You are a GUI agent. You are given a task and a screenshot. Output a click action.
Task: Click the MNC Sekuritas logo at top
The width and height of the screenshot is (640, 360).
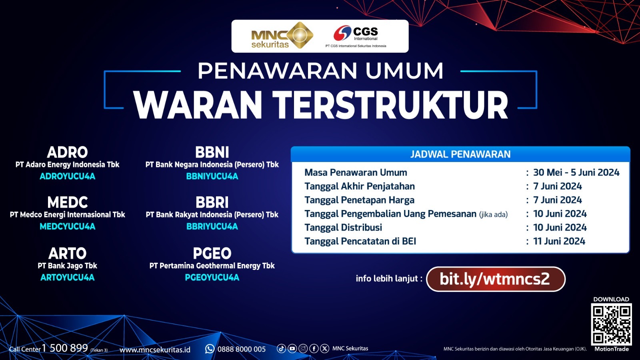click(x=282, y=36)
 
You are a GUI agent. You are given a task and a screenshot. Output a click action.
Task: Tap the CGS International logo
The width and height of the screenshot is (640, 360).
click(x=356, y=36)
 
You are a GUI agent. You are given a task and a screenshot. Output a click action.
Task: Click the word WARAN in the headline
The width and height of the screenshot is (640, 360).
click(x=198, y=105)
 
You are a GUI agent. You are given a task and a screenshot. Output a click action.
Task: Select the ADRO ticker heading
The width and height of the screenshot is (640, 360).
click(x=68, y=152)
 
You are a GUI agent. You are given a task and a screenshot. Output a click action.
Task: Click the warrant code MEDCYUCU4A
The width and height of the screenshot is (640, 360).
click(x=68, y=226)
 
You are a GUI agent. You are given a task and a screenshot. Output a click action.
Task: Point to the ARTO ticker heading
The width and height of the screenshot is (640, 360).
click(x=68, y=254)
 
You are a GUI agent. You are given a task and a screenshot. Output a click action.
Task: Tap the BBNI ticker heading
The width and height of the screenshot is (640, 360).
click(x=212, y=152)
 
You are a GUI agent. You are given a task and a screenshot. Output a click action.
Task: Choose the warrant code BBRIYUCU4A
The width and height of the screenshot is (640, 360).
click(x=212, y=226)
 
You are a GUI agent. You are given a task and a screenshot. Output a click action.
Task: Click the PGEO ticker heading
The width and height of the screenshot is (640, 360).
click(x=212, y=254)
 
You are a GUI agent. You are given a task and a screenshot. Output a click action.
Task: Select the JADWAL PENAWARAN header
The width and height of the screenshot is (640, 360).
click(x=460, y=154)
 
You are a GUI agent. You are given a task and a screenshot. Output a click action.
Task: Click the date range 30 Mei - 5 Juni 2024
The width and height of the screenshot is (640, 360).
click(x=576, y=172)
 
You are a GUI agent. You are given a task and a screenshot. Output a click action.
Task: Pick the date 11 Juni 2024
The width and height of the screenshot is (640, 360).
click(x=559, y=242)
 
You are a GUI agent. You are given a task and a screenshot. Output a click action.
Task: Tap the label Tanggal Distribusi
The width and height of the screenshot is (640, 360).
click(x=343, y=228)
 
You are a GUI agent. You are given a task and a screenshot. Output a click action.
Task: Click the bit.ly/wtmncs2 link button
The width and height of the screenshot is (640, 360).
click(x=496, y=279)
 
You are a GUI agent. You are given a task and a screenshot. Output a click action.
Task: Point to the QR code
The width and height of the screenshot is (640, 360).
click(x=611, y=324)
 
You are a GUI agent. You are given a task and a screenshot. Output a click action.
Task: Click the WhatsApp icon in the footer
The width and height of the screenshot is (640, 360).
click(x=210, y=349)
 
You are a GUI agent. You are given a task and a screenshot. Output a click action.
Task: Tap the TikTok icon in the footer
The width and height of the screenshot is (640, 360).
click(x=282, y=348)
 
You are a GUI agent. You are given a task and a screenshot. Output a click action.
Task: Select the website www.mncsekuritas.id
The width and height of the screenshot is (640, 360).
click(x=155, y=350)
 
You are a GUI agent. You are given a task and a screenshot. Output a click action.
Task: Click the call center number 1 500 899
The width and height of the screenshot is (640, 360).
click(x=65, y=348)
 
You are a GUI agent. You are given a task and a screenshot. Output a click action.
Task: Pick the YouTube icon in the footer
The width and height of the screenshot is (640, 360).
click(x=292, y=348)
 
